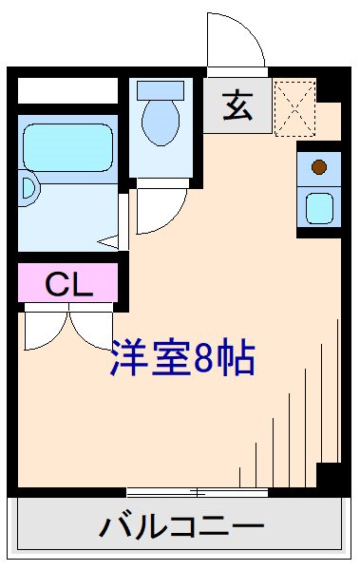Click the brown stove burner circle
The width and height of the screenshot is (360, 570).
click(319, 167)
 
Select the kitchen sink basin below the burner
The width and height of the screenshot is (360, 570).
click(319, 206)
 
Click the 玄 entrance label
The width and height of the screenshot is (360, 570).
click(237, 106)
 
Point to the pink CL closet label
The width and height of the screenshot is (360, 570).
click(67, 283)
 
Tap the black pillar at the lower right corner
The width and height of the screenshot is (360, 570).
click(329, 475)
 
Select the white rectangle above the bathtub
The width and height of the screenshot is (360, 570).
click(66, 91)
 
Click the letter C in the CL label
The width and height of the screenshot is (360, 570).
click(56, 283)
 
